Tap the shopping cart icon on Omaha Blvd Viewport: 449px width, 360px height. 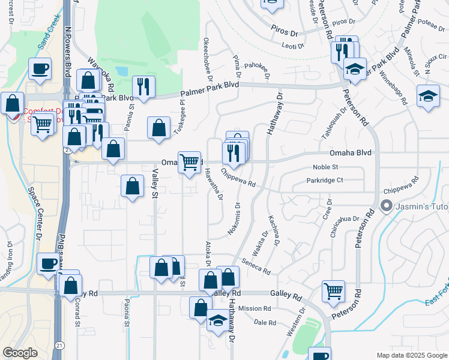click(189, 161)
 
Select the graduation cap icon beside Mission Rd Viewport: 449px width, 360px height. click(217, 320)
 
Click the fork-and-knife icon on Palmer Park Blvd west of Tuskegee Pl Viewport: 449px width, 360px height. click(143, 86)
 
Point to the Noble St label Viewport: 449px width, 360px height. click(326, 167)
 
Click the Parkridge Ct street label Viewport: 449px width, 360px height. click(324, 180)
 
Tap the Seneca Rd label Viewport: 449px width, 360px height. click(257, 266)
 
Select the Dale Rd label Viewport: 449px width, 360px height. click(264, 323)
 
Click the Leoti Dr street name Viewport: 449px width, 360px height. click(293, 46)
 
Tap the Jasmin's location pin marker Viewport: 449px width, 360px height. click(387, 206)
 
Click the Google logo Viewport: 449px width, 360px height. click(20, 353)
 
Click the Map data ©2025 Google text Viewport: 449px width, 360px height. click(411, 355)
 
